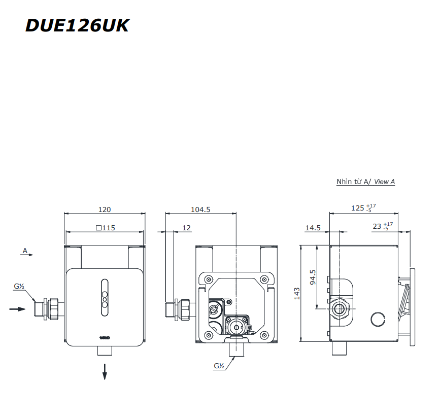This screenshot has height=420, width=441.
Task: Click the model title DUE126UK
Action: coord(77,25)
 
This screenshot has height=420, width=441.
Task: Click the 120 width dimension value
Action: coord(105,209)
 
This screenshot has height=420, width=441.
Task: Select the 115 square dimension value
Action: coord(106,228)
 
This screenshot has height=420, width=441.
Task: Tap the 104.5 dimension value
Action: coord(200,209)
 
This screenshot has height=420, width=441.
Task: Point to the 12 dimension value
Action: coord(186,228)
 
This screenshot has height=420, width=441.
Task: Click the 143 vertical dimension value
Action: coord(297,294)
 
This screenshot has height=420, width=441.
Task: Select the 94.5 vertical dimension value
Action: coord(313,277)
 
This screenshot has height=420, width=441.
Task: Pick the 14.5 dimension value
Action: coord(313,228)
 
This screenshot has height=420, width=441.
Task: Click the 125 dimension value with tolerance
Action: coord(363,208)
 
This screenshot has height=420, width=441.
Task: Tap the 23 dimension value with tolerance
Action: coord(383,226)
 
